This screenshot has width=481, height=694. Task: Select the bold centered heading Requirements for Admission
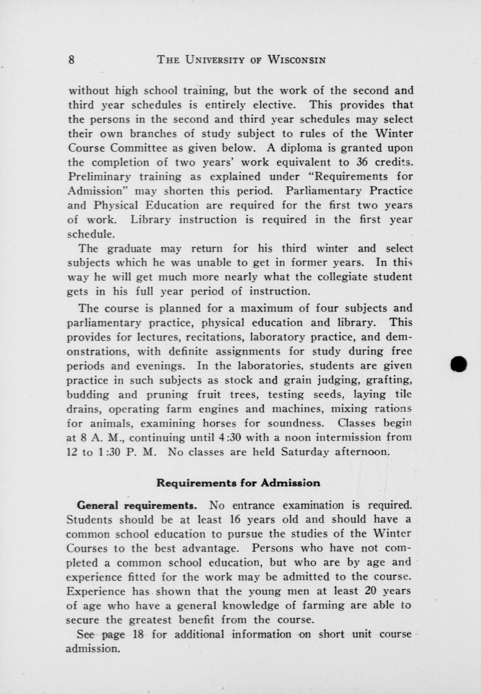point(238,483)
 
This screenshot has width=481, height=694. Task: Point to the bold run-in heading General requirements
point(136,505)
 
